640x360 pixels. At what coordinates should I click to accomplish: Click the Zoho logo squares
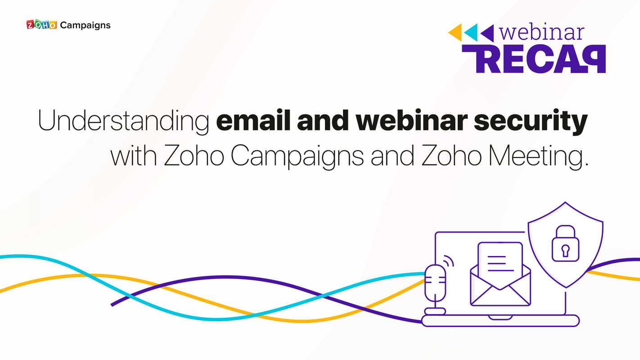(42, 25)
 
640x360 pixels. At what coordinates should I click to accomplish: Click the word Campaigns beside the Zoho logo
(85, 26)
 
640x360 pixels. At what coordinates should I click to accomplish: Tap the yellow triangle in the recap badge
(455, 32)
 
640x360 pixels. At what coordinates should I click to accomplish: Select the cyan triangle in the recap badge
(471, 33)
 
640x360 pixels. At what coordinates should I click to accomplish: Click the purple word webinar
(541, 32)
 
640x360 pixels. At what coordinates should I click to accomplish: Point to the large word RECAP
(534, 59)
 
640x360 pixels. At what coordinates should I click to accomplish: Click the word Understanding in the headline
(123, 121)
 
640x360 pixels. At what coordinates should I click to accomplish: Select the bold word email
(253, 120)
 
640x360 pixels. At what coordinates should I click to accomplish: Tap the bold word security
(531, 121)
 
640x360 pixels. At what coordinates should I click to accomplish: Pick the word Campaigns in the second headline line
(297, 156)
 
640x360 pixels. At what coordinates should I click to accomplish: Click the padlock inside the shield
(565, 243)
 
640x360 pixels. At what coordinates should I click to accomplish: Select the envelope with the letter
(500, 274)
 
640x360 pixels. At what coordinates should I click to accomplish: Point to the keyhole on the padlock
(565, 251)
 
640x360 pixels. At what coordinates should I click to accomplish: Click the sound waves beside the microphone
(448, 261)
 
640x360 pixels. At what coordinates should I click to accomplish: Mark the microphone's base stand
(435, 311)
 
